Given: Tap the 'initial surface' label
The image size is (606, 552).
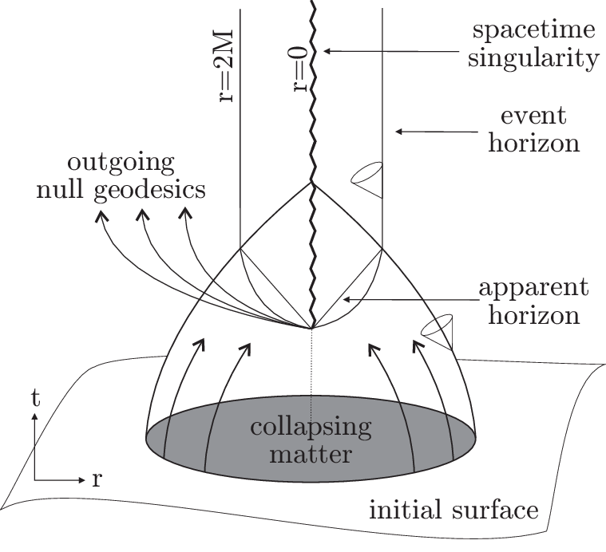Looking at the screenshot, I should tap(452, 508).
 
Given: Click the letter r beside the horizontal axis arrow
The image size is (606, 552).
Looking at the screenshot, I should tap(97, 480).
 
